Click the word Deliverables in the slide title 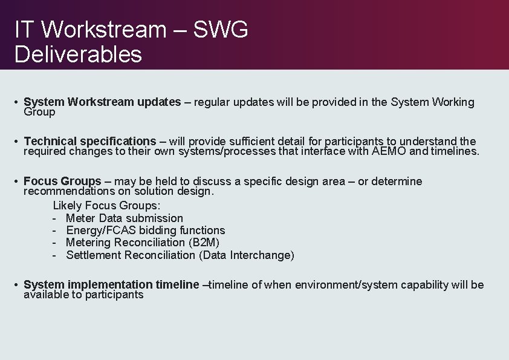[x=78, y=54]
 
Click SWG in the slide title [x=221, y=29]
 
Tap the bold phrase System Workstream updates [x=102, y=102]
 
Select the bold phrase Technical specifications [x=90, y=142]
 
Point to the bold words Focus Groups [x=62, y=182]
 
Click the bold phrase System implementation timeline [x=111, y=285]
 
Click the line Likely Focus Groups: [x=107, y=206]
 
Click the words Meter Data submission [x=125, y=218]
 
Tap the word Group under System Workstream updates [x=39, y=112]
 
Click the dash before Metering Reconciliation [x=54, y=243]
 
